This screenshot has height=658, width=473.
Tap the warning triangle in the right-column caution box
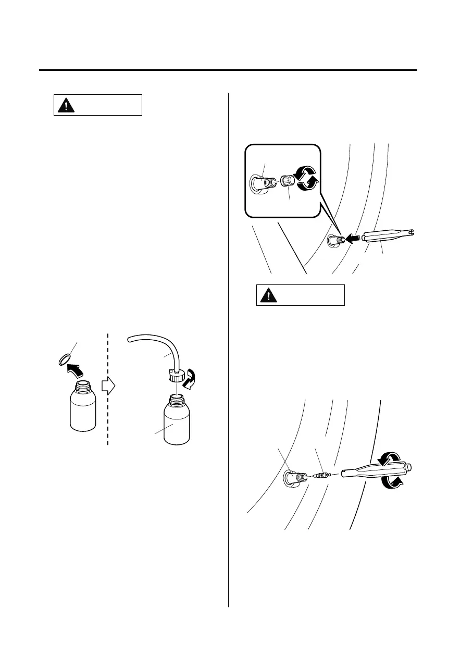pos(268,295)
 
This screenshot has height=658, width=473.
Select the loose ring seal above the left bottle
pos(64,359)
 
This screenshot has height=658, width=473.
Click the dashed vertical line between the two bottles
pos(108,396)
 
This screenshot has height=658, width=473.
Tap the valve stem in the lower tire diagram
pos(294,476)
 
